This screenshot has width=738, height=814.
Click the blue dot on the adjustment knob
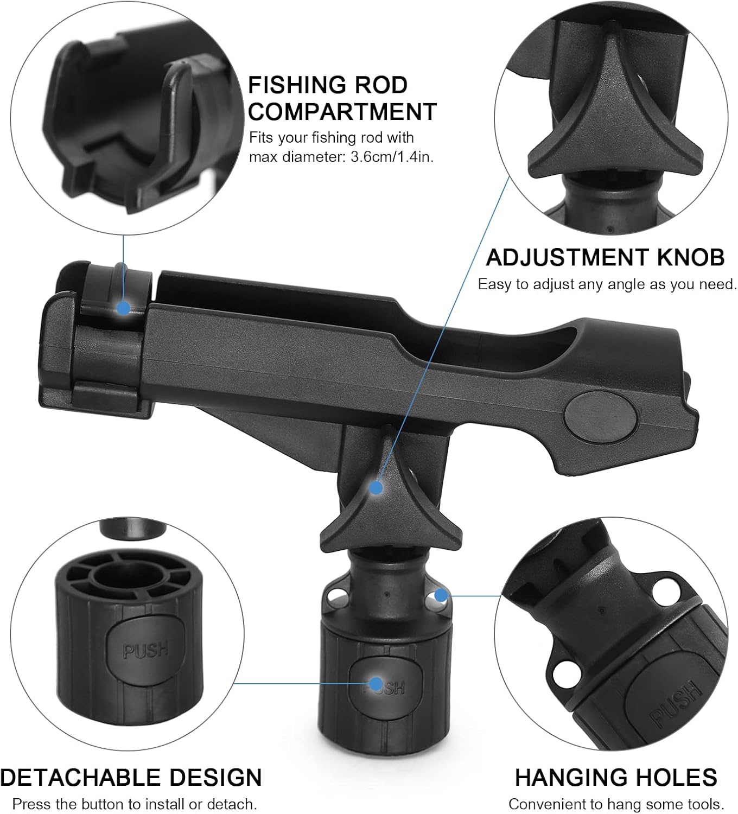[x=376, y=487]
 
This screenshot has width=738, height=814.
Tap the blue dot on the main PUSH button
[x=376, y=683]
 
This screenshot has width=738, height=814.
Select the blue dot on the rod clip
[x=124, y=308]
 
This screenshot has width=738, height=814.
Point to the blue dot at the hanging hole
[x=441, y=595]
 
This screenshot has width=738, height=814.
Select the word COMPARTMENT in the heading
[x=342, y=112]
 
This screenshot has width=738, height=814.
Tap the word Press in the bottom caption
[x=31, y=804]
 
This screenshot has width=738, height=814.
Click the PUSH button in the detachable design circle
[x=145, y=648]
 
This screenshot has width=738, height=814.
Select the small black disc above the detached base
[x=133, y=529]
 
